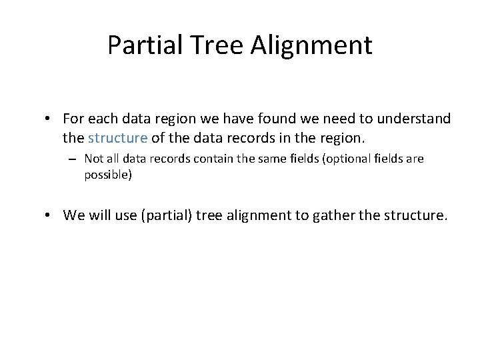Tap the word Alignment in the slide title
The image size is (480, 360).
312,45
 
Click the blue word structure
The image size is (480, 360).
117,138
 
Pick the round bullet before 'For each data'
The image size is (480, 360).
49,119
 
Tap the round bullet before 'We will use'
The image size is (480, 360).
49,215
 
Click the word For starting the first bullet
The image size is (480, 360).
72,119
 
